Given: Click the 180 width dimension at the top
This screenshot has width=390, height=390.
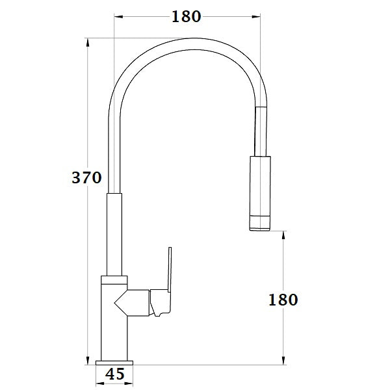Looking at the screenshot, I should (x=187, y=17).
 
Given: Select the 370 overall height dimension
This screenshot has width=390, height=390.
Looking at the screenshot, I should (x=87, y=177).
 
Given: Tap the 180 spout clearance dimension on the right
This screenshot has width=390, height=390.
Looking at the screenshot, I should (x=283, y=300).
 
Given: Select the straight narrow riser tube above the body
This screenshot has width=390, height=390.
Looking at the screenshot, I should (x=114, y=234).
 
